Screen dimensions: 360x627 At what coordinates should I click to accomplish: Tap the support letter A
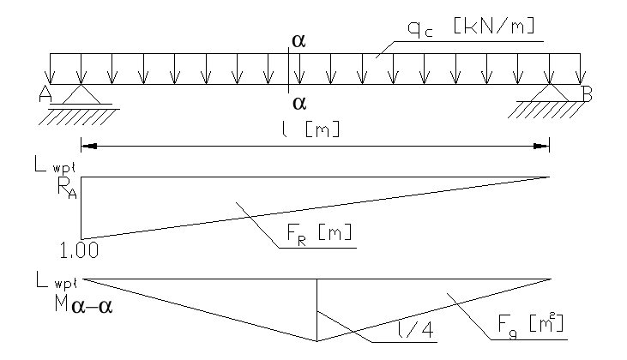coord(45,95)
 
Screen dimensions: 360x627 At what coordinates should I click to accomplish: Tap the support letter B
coord(587,95)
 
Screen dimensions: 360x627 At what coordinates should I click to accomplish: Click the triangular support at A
coord(81,95)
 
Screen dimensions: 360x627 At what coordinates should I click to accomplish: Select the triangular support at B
coord(550,95)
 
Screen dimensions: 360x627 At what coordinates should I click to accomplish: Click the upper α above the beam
coord(298,41)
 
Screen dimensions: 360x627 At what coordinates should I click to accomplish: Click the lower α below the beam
coord(298,104)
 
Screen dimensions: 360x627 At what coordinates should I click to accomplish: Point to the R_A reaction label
coord(66,190)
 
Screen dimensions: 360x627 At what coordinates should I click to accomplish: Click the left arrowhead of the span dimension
coord(86,147)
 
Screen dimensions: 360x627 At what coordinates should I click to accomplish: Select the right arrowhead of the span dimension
coord(545,147)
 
